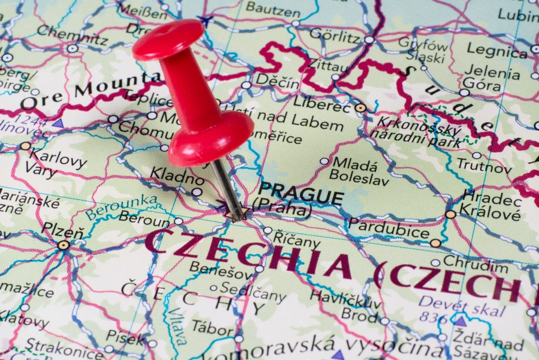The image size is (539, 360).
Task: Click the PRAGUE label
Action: [x=301, y=194]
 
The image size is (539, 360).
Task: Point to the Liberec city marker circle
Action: [x=360, y=108]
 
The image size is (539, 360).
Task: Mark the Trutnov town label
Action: [x=485, y=166]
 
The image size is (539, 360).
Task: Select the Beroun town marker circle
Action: [x=179, y=221]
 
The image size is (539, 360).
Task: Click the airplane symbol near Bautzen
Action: [x=205, y=20]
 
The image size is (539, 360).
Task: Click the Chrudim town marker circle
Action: [x=435, y=263]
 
